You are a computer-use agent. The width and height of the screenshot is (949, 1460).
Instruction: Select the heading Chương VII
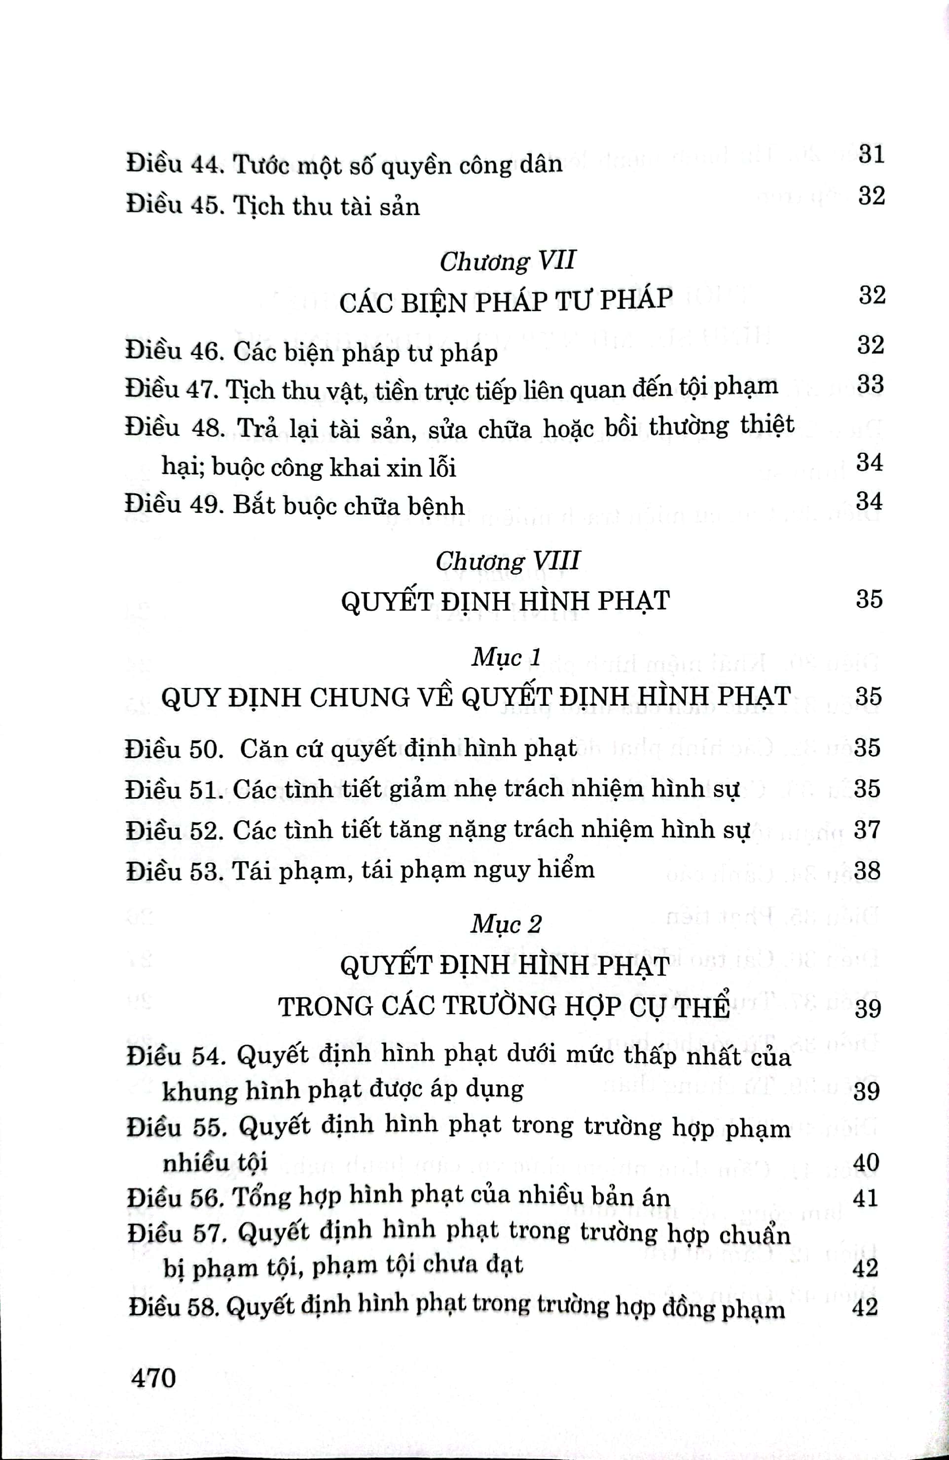click(x=508, y=261)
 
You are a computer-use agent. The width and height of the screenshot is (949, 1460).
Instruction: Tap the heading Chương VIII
click(x=508, y=561)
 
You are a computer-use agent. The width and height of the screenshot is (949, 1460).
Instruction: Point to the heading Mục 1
click(x=506, y=657)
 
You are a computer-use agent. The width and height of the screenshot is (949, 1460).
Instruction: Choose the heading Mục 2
click(x=506, y=924)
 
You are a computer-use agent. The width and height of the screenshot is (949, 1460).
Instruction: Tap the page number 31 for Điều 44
click(x=871, y=153)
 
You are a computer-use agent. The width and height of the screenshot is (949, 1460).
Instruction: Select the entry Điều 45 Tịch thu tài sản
click(x=273, y=206)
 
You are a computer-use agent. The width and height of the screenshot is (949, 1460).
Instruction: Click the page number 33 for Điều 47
click(x=871, y=385)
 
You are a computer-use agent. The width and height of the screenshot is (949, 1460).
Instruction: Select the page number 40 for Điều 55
click(x=866, y=1162)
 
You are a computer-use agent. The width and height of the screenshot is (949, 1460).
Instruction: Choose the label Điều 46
click(x=171, y=352)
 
